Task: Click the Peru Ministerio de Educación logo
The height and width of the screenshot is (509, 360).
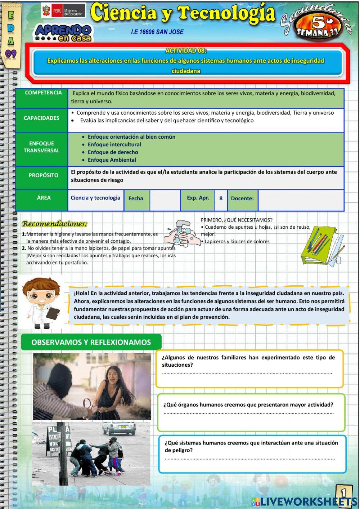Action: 63,12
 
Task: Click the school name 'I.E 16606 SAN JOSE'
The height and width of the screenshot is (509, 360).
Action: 157,32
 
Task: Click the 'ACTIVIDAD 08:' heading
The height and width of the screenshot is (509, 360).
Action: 186,51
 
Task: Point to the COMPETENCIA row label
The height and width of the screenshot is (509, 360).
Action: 43,93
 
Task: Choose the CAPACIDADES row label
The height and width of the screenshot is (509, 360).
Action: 41,118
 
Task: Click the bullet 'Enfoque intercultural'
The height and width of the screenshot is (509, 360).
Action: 114,144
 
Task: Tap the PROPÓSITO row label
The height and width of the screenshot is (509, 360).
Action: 43,175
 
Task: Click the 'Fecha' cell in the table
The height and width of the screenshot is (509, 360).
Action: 136,198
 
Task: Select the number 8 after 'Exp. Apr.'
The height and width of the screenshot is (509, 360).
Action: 221,198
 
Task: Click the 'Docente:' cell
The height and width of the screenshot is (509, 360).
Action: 242,198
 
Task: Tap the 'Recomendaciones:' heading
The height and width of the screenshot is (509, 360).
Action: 55,224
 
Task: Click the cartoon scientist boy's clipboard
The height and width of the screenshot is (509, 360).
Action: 53,313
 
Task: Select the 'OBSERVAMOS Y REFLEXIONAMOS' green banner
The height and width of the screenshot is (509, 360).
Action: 91,343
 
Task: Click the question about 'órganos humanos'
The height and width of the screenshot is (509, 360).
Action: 248,405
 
